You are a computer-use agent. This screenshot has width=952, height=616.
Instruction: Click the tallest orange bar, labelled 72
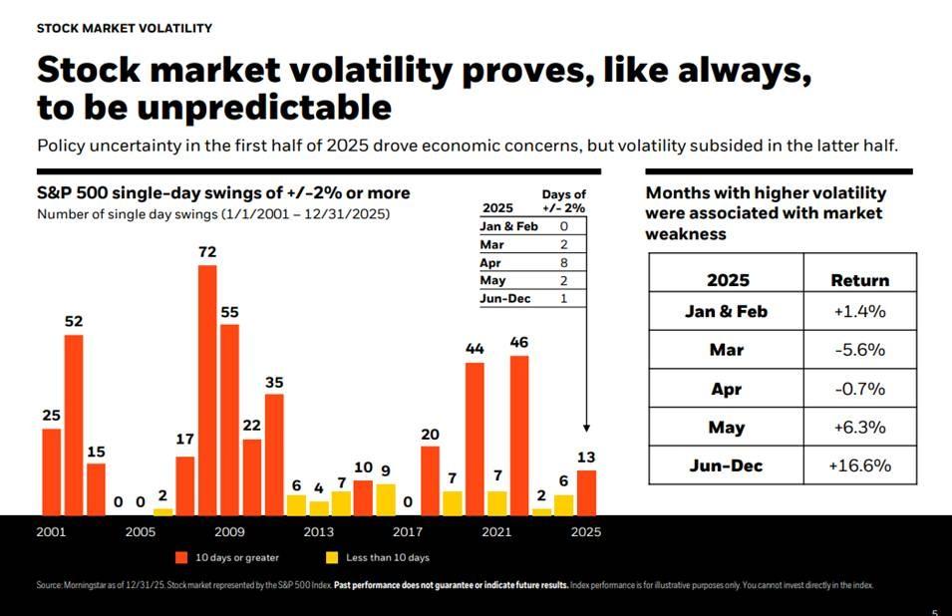point(207,389)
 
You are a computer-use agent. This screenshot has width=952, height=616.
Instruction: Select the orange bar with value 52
point(74,425)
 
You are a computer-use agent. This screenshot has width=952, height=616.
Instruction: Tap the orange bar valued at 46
point(519,435)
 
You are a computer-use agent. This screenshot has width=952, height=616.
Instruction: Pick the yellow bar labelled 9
point(386,499)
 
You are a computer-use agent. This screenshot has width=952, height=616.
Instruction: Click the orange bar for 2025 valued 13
point(586,492)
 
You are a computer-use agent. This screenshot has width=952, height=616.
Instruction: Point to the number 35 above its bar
point(274,382)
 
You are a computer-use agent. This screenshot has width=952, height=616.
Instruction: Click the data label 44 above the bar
point(475,349)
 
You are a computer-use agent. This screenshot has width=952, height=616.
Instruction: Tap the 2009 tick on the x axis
point(229,532)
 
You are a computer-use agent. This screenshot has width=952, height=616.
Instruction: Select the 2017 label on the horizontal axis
point(408,532)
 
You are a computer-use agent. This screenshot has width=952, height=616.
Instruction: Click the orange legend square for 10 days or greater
point(182,557)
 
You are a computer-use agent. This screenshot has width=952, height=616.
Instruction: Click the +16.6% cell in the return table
point(859,465)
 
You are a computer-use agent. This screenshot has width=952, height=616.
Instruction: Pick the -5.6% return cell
point(859,350)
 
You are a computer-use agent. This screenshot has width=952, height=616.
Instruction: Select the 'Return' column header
point(859,280)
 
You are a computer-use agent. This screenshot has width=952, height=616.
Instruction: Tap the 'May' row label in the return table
point(726,427)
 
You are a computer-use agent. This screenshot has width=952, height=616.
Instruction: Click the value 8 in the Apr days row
point(563,263)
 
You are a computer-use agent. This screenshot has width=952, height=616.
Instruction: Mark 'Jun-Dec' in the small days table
point(506,299)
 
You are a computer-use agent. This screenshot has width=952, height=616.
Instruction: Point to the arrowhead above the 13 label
point(586,427)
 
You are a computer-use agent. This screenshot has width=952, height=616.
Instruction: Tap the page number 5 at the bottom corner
point(934,612)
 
